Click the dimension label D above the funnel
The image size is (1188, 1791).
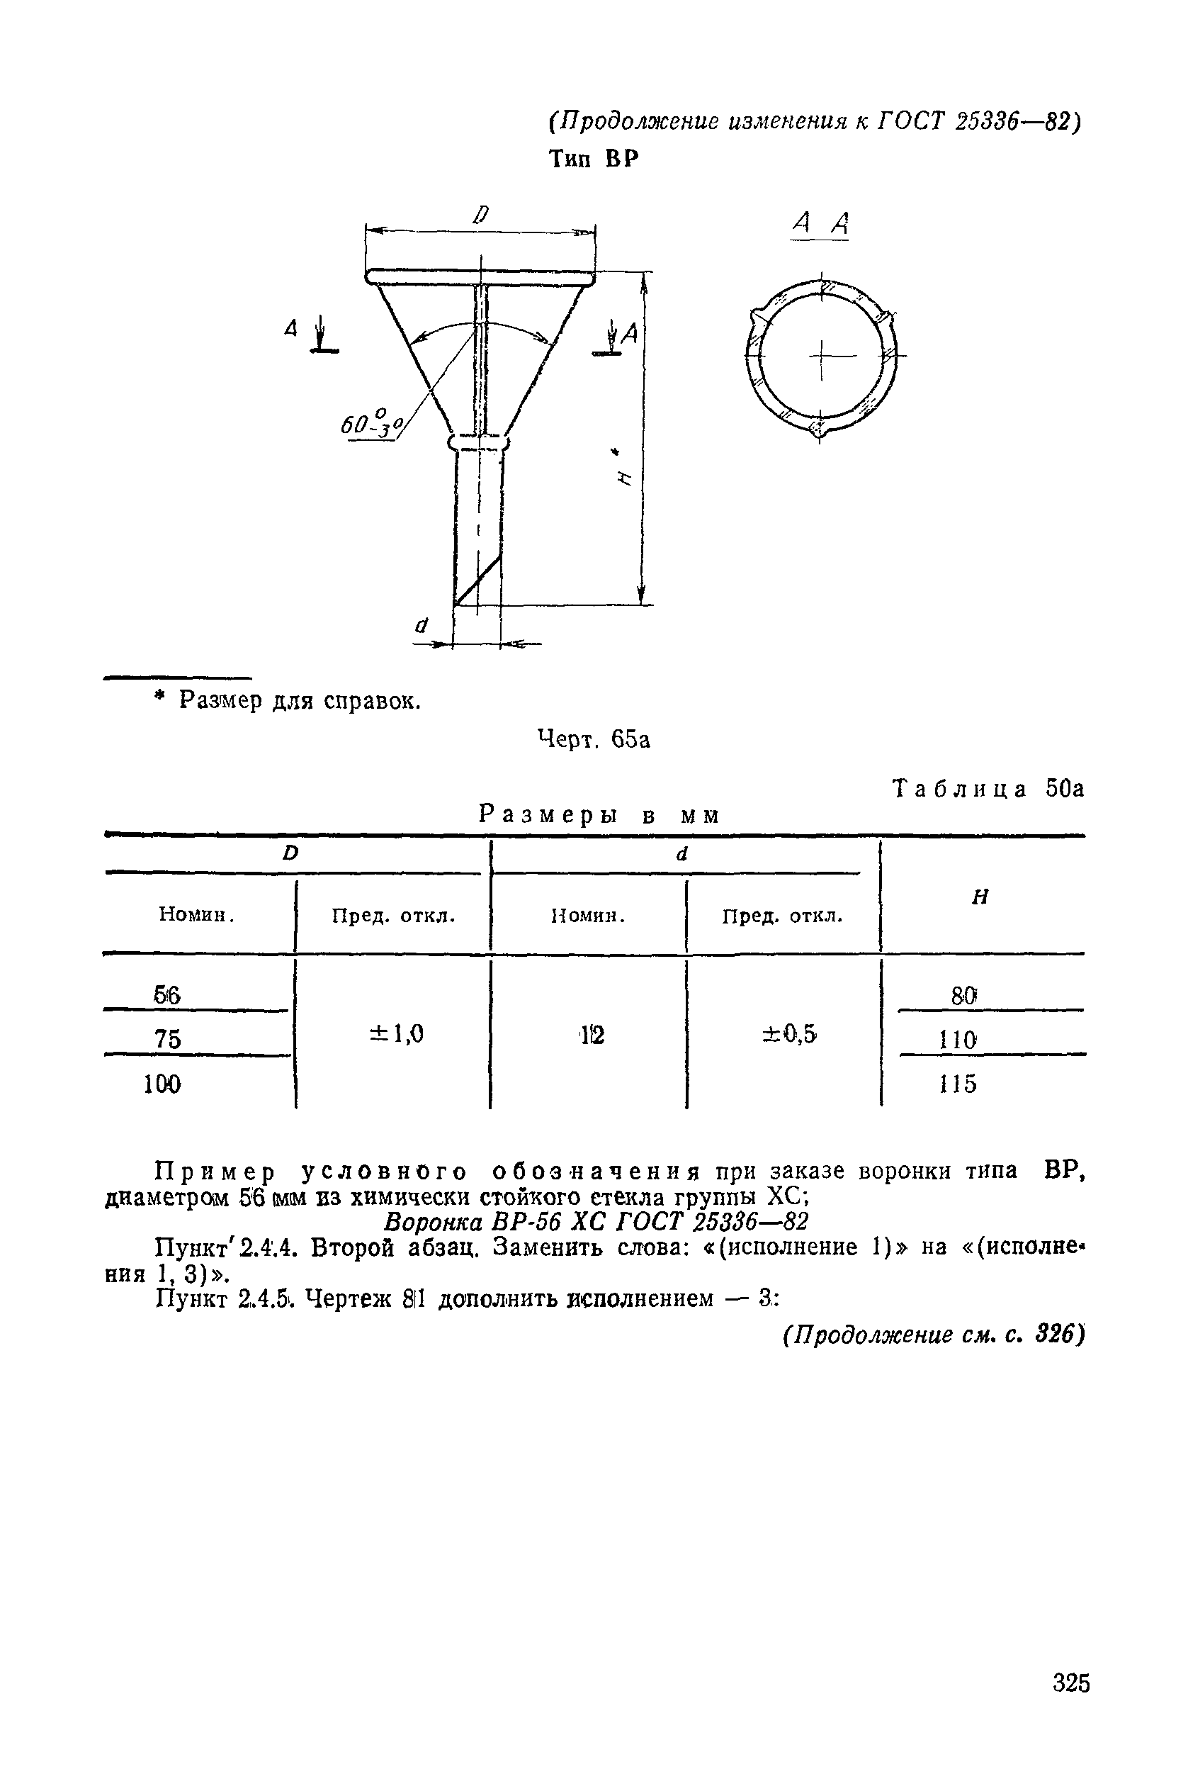click(x=480, y=215)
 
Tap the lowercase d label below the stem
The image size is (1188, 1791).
click(x=421, y=625)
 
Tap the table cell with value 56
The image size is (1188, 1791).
click(x=166, y=994)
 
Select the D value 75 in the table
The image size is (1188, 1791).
click(x=167, y=1038)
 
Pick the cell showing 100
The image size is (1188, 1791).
click(x=162, y=1084)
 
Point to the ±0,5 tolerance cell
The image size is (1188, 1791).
click(x=788, y=1034)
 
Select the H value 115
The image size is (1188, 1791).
click(x=958, y=1084)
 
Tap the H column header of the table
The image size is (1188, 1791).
click(x=980, y=897)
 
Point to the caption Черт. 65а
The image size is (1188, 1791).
click(x=593, y=739)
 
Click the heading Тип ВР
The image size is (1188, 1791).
click(x=593, y=159)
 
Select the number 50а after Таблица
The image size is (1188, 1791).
click(x=1065, y=789)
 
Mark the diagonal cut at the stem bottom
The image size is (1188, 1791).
click(x=478, y=580)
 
